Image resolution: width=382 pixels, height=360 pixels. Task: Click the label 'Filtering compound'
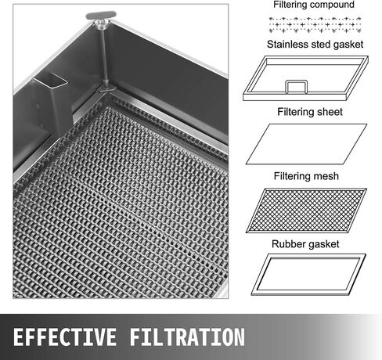pos(314,5)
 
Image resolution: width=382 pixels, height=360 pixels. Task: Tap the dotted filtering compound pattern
pos(315,25)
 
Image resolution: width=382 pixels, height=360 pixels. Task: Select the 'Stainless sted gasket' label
pos(315,45)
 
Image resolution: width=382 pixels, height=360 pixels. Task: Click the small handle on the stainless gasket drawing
pos(296,86)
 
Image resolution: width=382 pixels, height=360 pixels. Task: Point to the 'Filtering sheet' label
pos(310,112)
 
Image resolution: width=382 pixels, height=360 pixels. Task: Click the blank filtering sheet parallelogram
pos(306,144)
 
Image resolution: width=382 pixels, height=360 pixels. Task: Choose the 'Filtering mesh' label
pos(306,176)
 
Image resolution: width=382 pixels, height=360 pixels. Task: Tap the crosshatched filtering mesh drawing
pos(306,211)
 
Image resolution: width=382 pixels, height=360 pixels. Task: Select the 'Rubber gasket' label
pos(305,244)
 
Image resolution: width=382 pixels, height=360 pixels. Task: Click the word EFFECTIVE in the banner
pos(65,337)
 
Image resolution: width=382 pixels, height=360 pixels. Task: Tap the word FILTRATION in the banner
pos(187,337)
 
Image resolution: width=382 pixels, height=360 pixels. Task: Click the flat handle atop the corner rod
pos(101,15)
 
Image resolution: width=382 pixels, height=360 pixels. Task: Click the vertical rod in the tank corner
pos(103,55)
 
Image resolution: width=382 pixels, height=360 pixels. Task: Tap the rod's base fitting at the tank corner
pos(106,88)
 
